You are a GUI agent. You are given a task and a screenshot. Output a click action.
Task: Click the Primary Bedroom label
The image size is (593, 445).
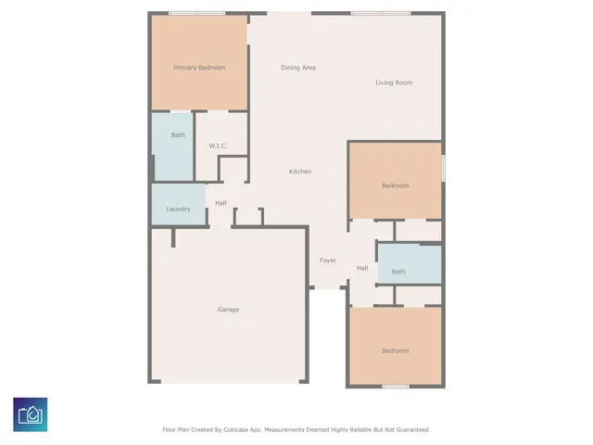tap(199, 68)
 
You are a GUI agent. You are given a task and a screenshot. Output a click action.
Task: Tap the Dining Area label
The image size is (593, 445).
tap(298, 68)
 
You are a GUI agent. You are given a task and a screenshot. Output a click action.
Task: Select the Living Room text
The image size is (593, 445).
tap(394, 83)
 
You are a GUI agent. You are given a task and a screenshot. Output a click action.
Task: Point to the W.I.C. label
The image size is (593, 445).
tap(218, 146)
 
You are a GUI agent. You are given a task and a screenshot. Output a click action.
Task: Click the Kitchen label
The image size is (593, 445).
tap(300, 172)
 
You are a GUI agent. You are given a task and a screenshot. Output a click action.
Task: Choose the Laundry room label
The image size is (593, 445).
tap(178, 209)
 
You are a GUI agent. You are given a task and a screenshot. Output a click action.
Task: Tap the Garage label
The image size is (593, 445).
tap(228, 310)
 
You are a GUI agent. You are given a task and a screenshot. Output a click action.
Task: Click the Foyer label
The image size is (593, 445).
tap(328, 261)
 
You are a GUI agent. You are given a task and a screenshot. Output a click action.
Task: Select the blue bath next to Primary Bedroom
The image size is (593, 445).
tap(177, 135)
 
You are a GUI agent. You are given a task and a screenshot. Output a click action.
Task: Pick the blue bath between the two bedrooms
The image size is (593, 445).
tap(398, 272)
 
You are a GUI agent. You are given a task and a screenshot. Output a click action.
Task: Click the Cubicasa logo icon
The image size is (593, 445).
tap(31, 414)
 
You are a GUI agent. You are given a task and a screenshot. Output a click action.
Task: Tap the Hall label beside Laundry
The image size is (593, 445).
tap(221, 203)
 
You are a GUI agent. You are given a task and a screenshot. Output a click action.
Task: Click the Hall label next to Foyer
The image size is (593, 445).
tap(362, 268)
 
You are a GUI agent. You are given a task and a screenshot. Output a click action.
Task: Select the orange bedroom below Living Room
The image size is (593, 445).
tap(395, 185)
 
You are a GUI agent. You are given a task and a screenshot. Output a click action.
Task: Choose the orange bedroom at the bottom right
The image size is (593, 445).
tap(395, 350)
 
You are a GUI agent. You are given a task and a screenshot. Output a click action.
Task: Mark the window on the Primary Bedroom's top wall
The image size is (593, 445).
tap(196, 12)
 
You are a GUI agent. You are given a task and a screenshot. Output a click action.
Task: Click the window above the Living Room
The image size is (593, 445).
tap(381, 12)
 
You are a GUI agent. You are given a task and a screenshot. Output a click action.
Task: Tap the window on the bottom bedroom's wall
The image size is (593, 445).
tap(396, 386)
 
